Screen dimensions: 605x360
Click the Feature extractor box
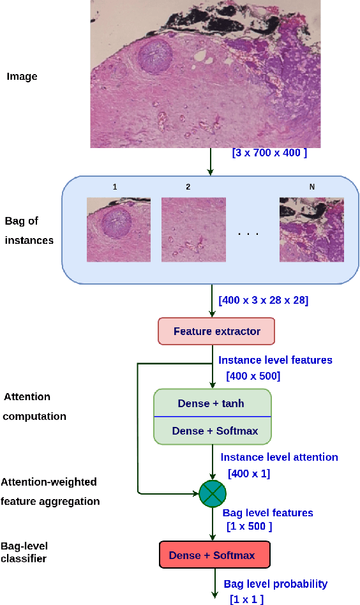tap(217, 331)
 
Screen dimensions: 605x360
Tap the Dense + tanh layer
tap(212, 403)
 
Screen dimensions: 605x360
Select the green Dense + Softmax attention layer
tap(214, 431)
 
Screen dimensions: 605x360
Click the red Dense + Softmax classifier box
tap(211, 555)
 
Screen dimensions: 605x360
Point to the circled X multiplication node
tap(212, 493)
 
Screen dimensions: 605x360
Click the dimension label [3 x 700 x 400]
tap(269, 154)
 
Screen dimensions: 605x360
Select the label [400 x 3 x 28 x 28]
tap(263, 300)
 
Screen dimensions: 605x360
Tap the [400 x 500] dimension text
tap(253, 376)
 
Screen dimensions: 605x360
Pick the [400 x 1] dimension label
tap(248, 474)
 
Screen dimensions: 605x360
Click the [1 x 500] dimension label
tap(250, 527)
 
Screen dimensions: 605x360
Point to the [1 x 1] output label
tap(246, 599)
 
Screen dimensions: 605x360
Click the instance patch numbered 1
tap(119, 230)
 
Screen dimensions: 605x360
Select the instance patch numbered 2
tap(193, 230)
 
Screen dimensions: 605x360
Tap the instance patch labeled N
tap(311, 230)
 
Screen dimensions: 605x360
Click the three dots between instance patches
tap(248, 234)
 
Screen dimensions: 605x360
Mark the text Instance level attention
tap(280, 457)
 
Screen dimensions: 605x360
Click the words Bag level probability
tap(275, 584)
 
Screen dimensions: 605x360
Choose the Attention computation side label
tap(36, 407)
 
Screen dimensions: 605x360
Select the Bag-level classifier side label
tap(25, 552)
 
